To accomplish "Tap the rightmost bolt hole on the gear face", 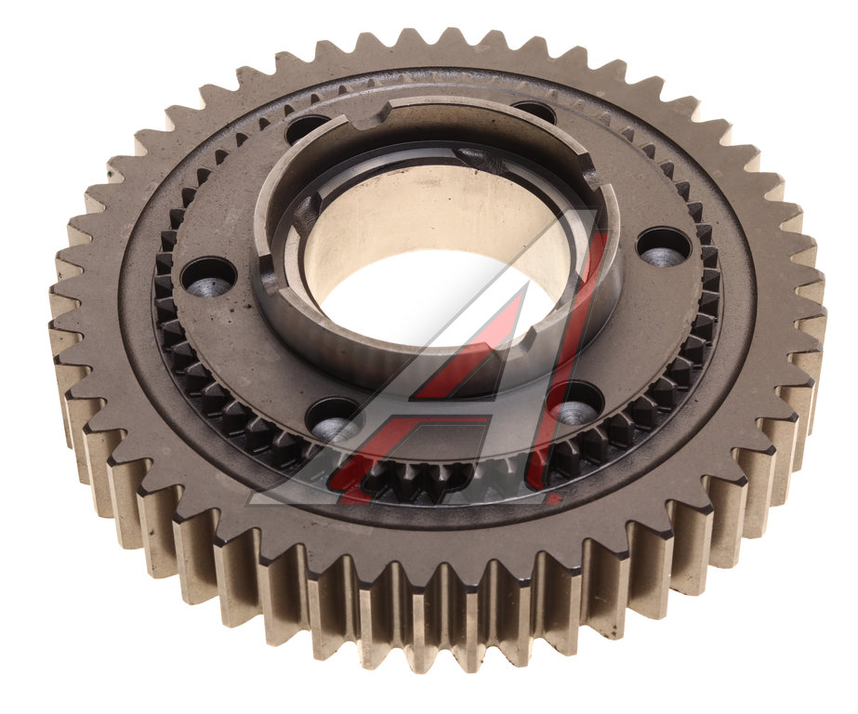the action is [664, 248].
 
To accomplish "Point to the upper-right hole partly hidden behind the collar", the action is [534, 111].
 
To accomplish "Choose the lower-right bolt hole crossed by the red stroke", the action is [574, 405].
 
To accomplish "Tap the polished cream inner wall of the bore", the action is [432, 214].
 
